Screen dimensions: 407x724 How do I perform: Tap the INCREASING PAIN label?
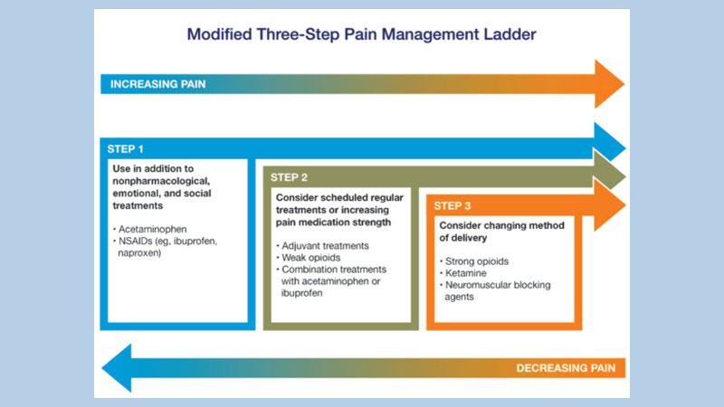[x=157, y=84]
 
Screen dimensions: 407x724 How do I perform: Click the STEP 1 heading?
[x=126, y=147]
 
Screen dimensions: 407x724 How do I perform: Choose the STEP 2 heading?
[x=290, y=176]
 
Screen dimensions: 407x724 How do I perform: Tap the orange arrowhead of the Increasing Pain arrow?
[x=608, y=84]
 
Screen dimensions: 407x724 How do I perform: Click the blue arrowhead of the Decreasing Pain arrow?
[x=119, y=368]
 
